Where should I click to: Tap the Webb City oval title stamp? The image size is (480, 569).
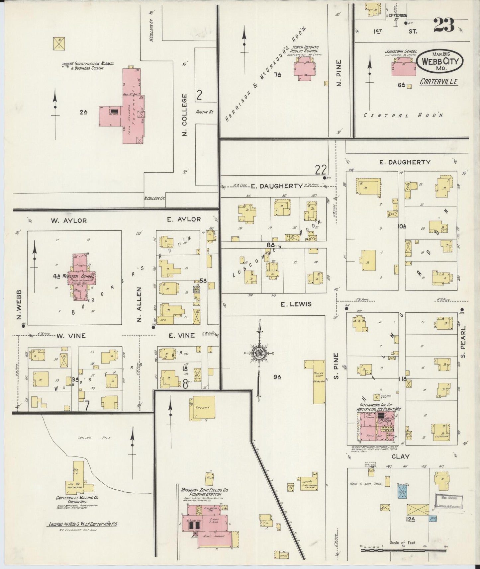click(x=437, y=61)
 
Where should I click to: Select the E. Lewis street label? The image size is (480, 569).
click(x=296, y=304)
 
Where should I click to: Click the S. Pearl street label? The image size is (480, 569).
click(x=464, y=342)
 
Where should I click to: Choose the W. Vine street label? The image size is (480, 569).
click(x=71, y=336)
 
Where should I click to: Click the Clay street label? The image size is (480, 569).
click(x=400, y=456)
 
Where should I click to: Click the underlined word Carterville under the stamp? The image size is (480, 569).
click(x=438, y=81)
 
